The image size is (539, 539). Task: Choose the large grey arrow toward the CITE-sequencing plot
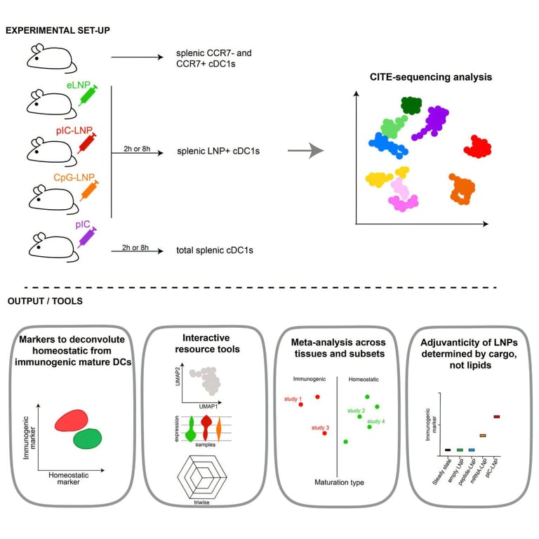tap(307, 151)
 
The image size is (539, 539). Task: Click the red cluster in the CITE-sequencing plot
tap(477, 147)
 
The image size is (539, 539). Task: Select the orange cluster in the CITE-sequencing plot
tap(463, 189)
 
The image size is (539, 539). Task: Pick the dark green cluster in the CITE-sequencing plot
tap(411, 105)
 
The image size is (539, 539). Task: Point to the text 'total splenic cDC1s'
tap(214, 250)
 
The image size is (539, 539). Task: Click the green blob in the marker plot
tap(88, 439)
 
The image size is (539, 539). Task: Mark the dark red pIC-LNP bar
tap(497, 416)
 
